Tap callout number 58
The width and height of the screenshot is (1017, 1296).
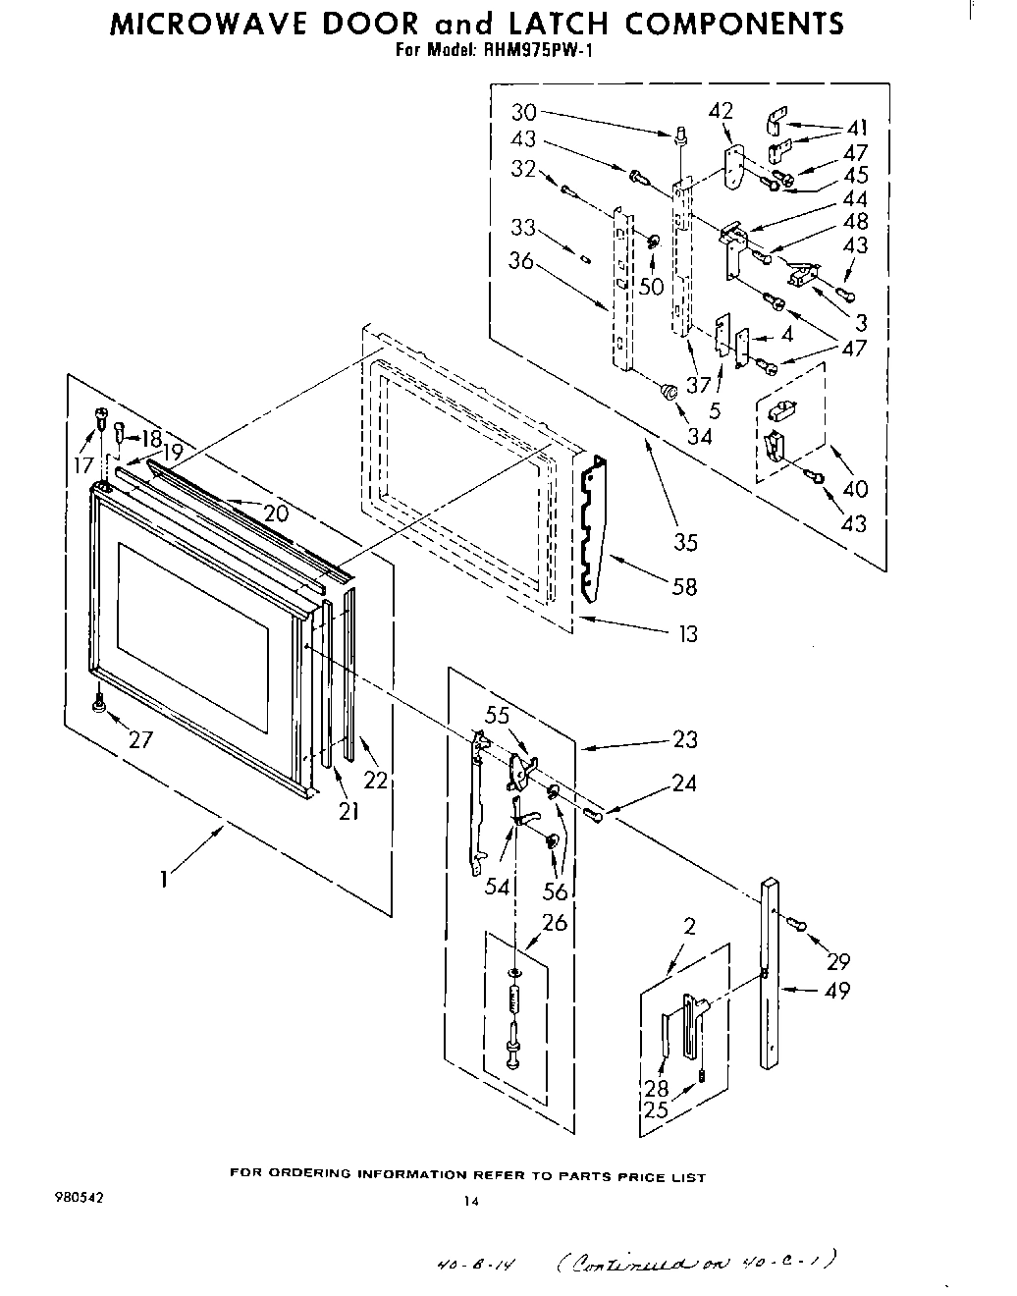point(684,586)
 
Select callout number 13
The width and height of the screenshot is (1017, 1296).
point(688,633)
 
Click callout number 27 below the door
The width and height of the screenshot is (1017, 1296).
point(140,739)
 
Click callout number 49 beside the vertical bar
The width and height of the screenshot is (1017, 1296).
point(837,990)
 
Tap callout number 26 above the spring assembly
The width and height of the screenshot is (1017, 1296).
point(555,923)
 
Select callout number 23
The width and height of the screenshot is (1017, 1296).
point(685,740)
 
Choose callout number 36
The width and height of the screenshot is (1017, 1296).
point(521,261)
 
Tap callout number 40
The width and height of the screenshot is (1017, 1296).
point(855,488)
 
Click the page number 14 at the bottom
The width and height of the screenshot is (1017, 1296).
point(472,1200)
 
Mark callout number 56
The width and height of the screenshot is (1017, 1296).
point(556,891)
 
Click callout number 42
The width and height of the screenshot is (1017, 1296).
point(721,110)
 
